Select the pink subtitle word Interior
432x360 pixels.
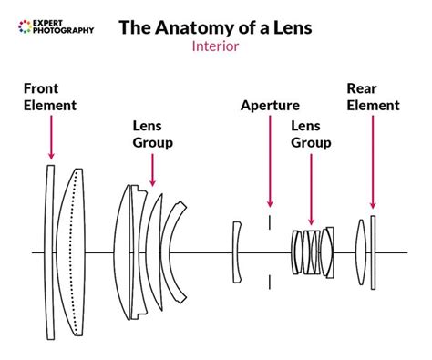(215, 46)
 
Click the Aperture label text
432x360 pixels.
(270, 106)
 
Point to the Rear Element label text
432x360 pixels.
(373, 97)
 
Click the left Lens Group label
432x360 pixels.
(152, 135)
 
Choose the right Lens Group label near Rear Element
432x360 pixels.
(311, 135)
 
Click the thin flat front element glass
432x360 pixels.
(51, 252)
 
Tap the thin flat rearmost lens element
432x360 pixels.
(373, 252)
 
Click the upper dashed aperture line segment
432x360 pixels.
(269, 224)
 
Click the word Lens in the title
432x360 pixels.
(290, 27)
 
